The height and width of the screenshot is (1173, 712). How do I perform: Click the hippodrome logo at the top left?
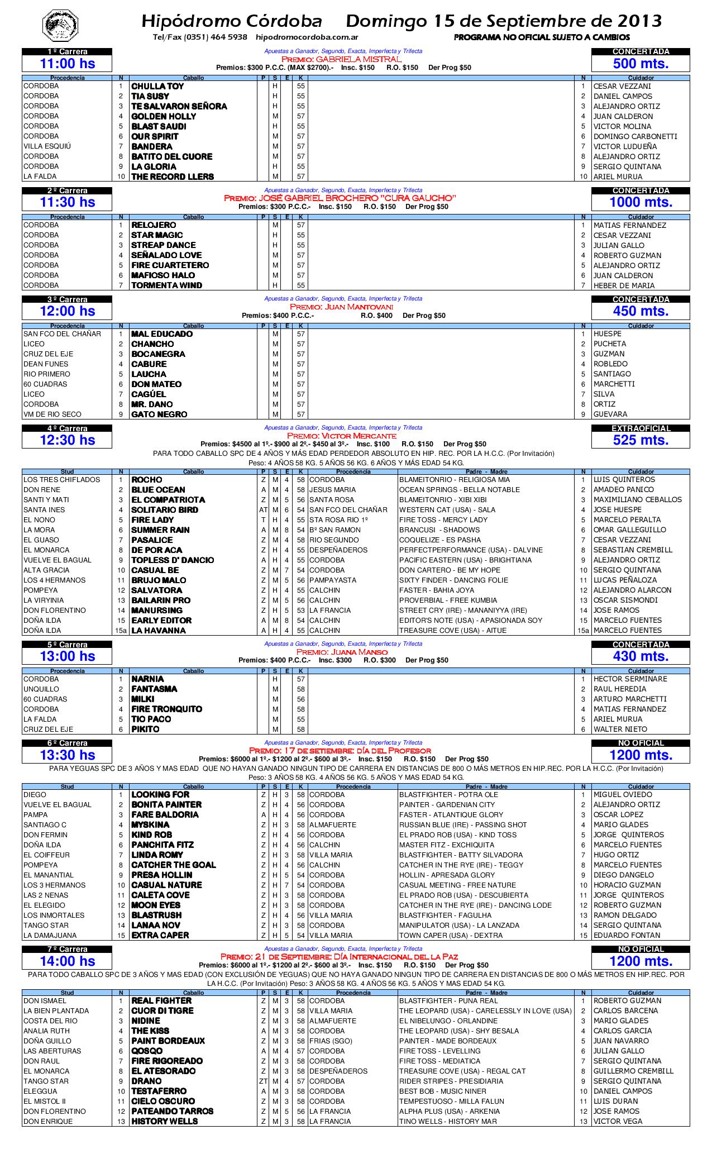[x=61, y=24]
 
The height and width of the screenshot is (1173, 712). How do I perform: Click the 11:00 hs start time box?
[x=67, y=64]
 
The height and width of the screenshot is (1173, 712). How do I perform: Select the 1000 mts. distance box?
[x=641, y=202]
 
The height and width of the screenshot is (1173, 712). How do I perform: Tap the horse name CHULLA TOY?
[x=157, y=87]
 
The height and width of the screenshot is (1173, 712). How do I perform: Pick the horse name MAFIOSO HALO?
[x=163, y=275]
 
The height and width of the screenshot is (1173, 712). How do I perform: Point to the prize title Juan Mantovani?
[x=342, y=307]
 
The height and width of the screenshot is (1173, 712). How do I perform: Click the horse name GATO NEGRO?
[x=159, y=414]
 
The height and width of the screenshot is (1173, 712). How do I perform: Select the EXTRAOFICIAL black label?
[x=641, y=428]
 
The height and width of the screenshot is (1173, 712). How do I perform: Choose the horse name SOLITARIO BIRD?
[x=164, y=510]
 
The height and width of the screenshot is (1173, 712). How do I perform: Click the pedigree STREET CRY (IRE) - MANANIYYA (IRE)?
[x=463, y=611]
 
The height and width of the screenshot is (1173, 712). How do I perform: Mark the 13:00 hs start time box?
[x=67, y=656]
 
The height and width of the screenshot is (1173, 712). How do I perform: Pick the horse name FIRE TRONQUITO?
[x=166, y=709]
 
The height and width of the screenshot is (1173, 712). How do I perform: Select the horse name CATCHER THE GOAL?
[x=173, y=865]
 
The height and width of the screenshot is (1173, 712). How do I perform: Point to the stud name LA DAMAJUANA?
[x=50, y=936]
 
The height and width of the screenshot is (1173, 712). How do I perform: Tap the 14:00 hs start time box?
[x=67, y=961]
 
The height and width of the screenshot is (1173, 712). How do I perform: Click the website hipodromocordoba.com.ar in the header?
[x=307, y=37]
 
